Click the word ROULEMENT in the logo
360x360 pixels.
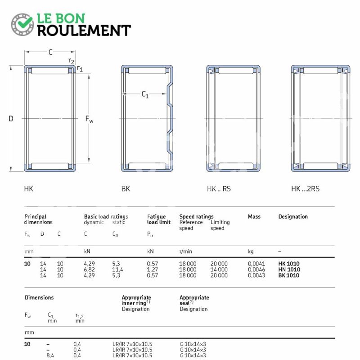(84, 31)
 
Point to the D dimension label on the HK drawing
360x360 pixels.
(10, 118)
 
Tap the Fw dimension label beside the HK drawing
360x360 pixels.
(89, 119)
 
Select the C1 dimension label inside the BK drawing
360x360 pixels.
(145, 94)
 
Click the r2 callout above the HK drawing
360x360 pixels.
(71, 61)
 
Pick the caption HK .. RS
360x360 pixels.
(219, 189)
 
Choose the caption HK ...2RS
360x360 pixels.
(305, 189)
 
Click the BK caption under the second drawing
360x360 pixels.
(126, 189)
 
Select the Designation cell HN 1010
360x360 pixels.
(289, 269)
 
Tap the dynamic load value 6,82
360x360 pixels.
(89, 270)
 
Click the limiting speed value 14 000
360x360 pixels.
(219, 269)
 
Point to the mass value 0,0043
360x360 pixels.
(256, 275)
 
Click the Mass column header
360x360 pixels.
(254, 216)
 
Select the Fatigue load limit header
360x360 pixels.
(159, 219)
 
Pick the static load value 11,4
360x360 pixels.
(117, 270)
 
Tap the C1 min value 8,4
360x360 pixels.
(50, 355)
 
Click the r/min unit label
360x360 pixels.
(185, 252)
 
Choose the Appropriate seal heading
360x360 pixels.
(194, 300)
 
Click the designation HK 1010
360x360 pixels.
(289, 264)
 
